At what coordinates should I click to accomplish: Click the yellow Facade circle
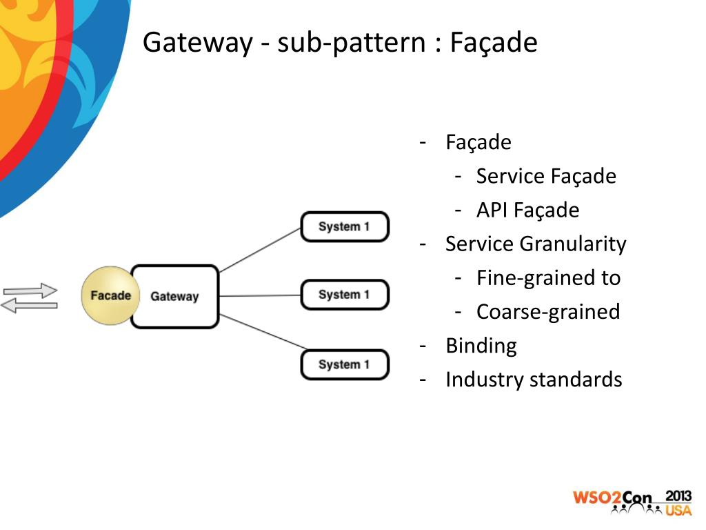tap(110, 295)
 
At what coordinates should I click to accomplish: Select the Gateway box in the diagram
tap(174, 296)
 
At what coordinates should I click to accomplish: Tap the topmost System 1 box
tap(345, 226)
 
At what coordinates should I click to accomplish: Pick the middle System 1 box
tap(345, 295)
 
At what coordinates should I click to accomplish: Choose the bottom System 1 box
tap(345, 364)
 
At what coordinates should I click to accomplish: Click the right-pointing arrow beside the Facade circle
tap(30, 291)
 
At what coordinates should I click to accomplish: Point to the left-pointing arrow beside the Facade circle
tap(29, 306)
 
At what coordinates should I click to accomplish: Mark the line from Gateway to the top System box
tap(260, 250)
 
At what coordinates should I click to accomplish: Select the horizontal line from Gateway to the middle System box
tap(260, 295)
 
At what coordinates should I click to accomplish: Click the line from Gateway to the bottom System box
tap(263, 332)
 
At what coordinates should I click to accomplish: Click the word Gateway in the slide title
tap(198, 43)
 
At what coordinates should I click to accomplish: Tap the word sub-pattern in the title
tap(351, 43)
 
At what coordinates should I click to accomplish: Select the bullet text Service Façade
tap(546, 176)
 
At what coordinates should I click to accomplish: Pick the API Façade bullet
tap(527, 210)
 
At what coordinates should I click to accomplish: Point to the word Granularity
tap(573, 244)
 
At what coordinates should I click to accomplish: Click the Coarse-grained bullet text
tap(548, 312)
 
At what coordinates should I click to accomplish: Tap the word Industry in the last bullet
tap(485, 380)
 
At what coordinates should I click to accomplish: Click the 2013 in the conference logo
tap(678, 496)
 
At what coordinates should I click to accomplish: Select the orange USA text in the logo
tap(678, 510)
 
